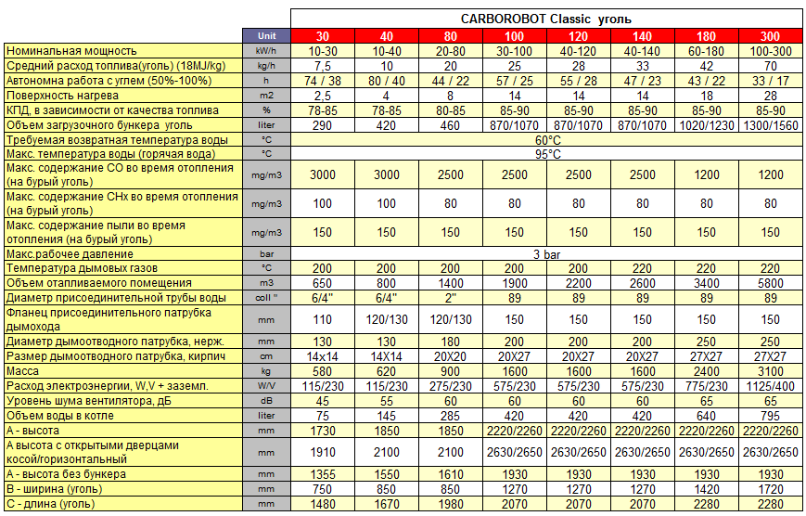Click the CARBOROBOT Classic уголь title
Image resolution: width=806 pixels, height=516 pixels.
point(546,19)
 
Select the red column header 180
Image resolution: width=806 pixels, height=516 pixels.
point(707,35)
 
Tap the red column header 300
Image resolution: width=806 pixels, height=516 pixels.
point(771,35)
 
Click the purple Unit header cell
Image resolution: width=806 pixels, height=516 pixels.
point(266,35)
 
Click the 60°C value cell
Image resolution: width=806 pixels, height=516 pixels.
point(546,139)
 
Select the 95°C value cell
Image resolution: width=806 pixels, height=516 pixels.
point(546,154)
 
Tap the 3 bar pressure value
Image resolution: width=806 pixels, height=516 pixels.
point(546,253)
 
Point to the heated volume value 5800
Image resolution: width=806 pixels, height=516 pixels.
point(771,282)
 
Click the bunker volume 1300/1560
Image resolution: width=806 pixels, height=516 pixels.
point(771,124)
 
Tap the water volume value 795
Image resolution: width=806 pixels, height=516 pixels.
point(771,416)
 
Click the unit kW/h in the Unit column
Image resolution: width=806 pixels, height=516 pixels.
point(266,50)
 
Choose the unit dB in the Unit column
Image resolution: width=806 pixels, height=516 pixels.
point(266,401)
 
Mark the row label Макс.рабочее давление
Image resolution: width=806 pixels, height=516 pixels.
point(70,253)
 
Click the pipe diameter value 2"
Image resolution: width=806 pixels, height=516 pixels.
point(450,297)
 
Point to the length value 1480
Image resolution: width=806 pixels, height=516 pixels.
point(322,504)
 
